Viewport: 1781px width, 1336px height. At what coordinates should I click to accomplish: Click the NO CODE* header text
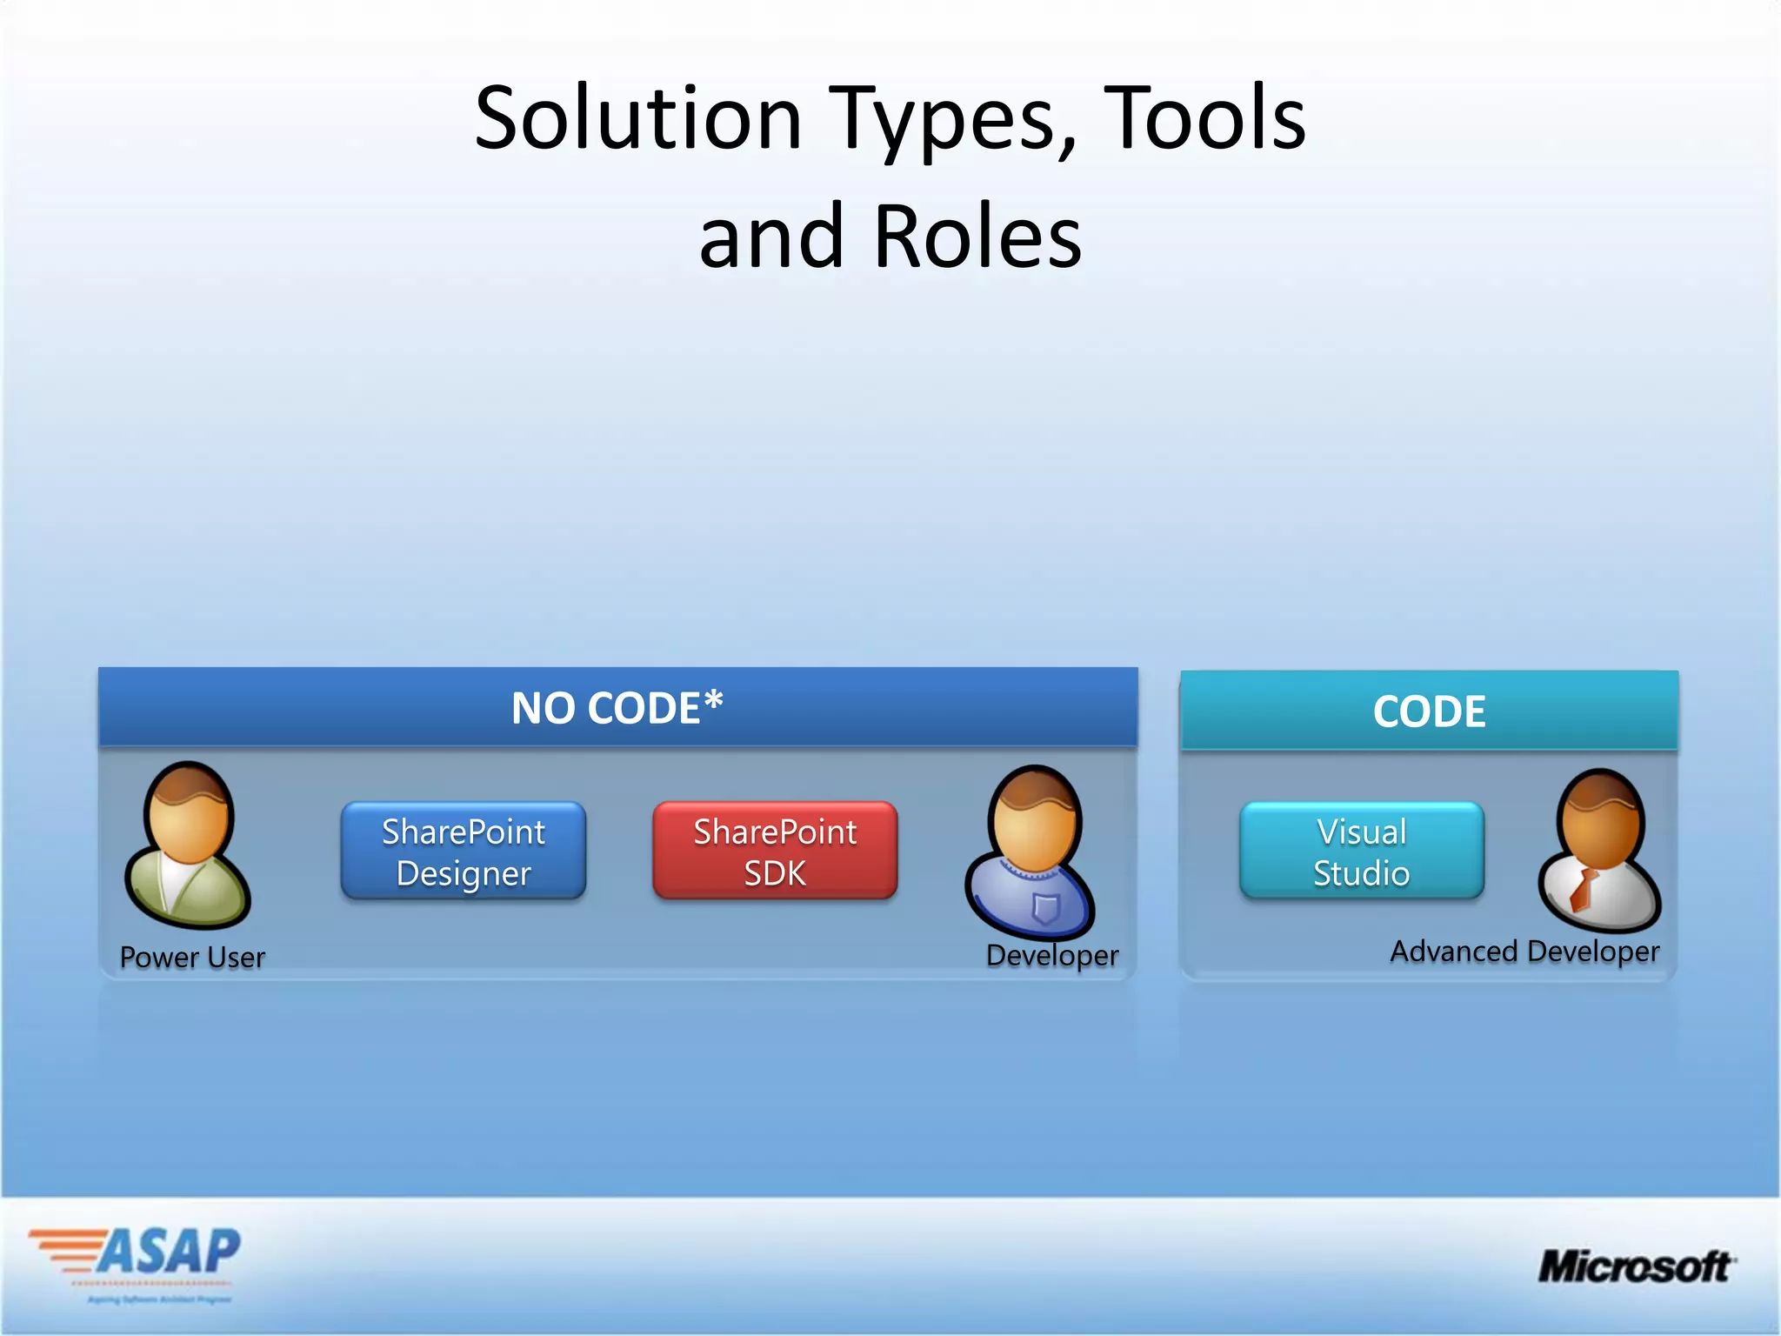pyautogui.click(x=606, y=708)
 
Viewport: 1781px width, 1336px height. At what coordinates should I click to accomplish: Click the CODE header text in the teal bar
pyautogui.click(x=1429, y=711)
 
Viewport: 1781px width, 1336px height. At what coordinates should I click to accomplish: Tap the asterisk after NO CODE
pyautogui.click(x=713, y=700)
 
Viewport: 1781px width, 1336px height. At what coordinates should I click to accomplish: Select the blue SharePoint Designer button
pyautogui.click(x=464, y=852)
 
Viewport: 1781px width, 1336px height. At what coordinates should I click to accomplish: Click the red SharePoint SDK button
pyautogui.click(x=775, y=852)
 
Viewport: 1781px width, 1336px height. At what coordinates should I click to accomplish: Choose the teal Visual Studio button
pyautogui.click(x=1361, y=852)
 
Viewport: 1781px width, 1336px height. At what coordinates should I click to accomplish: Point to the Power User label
pyautogui.click(x=192, y=958)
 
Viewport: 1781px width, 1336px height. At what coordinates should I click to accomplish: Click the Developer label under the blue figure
pyautogui.click(x=1052, y=955)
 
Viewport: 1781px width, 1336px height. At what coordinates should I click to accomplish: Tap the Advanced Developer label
pyautogui.click(x=1524, y=952)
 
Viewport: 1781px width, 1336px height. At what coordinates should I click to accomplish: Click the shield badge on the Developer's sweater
pyautogui.click(x=1044, y=907)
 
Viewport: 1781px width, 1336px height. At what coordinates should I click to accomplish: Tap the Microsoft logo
pyautogui.click(x=1635, y=1266)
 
